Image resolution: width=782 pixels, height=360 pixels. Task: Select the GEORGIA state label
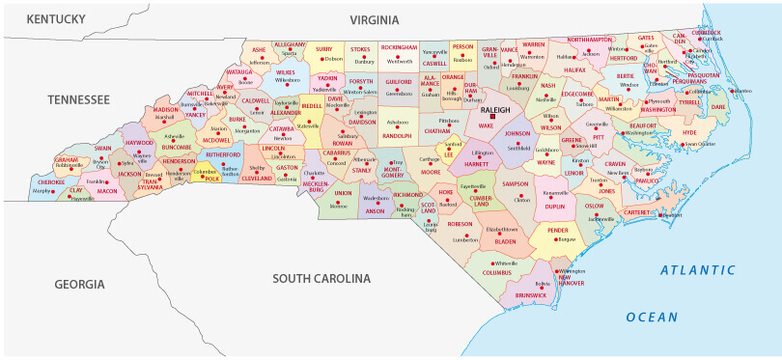click(x=78, y=284)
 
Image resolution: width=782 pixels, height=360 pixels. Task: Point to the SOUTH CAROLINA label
click(x=321, y=279)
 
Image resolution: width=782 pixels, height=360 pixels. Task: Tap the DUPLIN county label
click(x=554, y=206)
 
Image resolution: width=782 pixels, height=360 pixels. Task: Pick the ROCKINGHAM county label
click(x=399, y=46)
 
